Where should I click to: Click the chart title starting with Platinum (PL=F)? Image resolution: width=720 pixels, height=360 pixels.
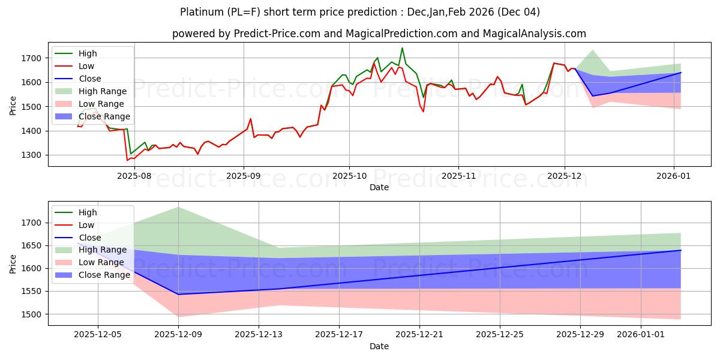click(x=360, y=12)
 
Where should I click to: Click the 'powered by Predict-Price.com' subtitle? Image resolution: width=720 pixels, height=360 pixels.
click(x=379, y=34)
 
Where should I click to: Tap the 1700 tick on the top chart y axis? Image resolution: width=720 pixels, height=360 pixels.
click(x=34, y=58)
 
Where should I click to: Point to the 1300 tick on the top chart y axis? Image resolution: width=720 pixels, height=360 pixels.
click(x=34, y=155)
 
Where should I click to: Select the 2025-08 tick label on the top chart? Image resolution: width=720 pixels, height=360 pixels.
click(x=134, y=176)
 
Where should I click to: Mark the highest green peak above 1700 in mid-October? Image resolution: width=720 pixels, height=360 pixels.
click(x=402, y=48)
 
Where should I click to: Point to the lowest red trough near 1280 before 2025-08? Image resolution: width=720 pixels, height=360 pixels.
click(x=127, y=160)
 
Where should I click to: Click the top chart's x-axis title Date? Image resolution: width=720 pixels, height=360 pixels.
click(x=379, y=187)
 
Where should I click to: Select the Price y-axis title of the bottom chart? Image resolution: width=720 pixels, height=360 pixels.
click(x=13, y=263)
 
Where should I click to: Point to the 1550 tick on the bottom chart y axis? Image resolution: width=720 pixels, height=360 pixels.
click(x=34, y=291)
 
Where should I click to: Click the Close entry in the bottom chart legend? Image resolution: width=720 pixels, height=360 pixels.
click(x=89, y=237)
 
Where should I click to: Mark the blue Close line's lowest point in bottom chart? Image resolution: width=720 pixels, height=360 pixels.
click(x=178, y=294)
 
